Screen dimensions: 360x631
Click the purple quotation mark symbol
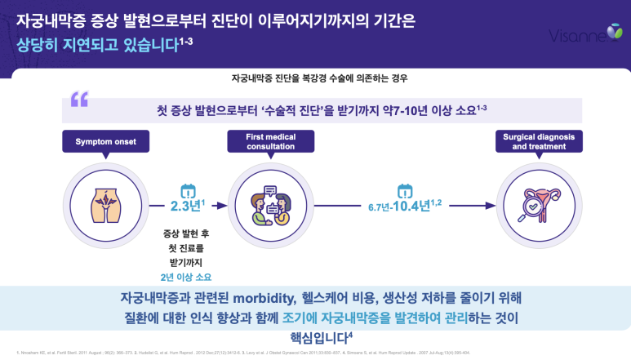pyautogui.click(x=79, y=99)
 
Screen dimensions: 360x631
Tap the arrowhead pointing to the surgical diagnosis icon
pyautogui.click(x=492, y=203)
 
